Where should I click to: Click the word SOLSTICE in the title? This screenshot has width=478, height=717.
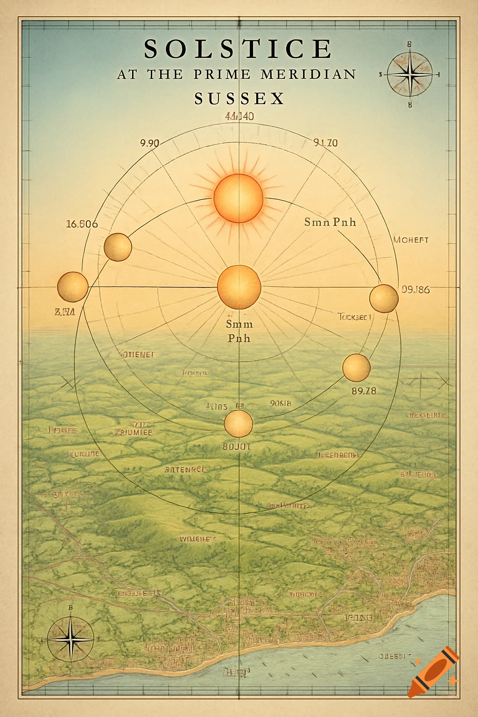click(238, 49)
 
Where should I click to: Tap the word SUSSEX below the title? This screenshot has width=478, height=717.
click(239, 98)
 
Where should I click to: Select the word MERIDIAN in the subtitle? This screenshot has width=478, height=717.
click(309, 74)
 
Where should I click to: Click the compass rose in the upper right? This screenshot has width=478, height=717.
click(409, 74)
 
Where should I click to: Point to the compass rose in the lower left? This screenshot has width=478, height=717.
click(70, 639)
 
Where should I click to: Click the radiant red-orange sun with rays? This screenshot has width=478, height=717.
click(238, 198)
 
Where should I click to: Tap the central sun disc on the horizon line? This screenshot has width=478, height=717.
click(239, 287)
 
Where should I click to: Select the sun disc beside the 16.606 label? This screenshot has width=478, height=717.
click(118, 247)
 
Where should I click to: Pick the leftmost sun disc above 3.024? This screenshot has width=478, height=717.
click(73, 287)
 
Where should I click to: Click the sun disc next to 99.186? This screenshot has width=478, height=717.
click(384, 298)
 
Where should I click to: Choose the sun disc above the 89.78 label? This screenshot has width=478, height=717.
click(356, 367)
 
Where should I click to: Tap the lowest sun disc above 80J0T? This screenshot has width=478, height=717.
click(238, 423)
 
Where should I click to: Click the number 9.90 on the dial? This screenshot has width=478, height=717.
click(149, 143)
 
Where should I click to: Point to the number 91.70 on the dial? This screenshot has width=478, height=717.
click(325, 143)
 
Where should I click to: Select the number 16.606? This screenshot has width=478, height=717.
click(82, 224)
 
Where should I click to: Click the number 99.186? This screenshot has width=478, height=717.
click(415, 289)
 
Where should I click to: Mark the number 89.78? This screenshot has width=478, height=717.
click(364, 391)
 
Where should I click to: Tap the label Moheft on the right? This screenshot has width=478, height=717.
click(411, 240)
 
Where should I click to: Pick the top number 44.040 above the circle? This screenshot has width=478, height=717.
click(239, 117)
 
